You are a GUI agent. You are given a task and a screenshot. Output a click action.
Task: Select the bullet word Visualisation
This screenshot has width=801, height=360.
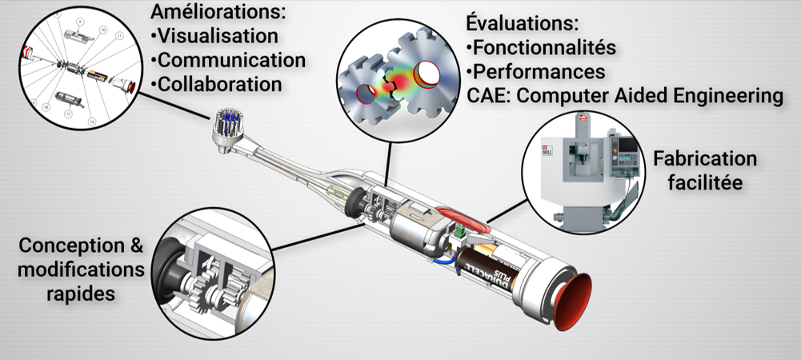pyautogui.click(x=218, y=36)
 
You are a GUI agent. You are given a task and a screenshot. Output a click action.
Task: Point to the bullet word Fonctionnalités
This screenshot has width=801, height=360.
pyautogui.click(x=544, y=47)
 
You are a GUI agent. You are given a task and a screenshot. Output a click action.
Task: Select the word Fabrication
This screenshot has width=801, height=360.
pyautogui.click(x=705, y=158)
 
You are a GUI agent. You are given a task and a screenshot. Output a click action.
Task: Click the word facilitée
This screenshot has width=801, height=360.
pyautogui.click(x=705, y=182)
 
